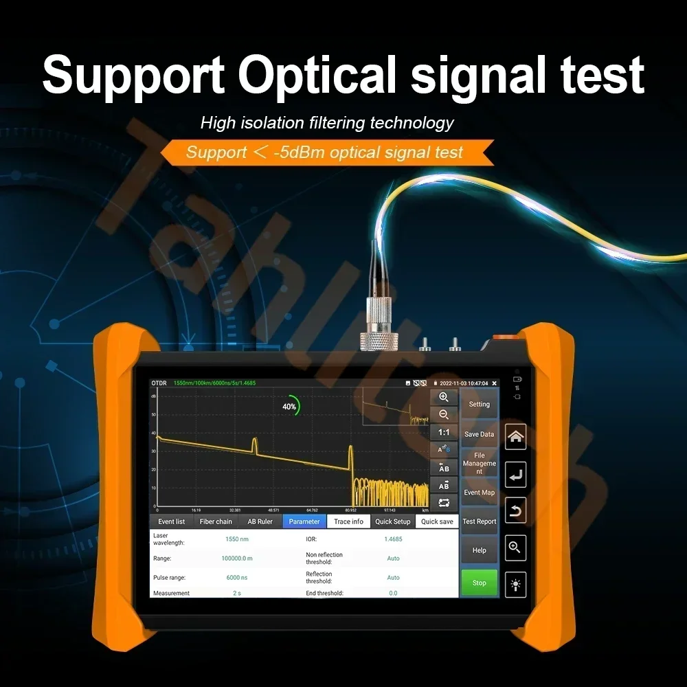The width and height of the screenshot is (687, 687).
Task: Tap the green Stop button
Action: (479, 583)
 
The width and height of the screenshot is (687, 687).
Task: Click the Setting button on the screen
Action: (479, 404)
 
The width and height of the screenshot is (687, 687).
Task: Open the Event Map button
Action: (479, 493)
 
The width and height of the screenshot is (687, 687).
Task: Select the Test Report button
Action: (479, 521)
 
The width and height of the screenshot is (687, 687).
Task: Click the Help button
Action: (479, 550)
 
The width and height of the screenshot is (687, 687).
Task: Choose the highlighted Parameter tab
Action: (304, 521)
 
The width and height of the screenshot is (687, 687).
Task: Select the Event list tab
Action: (171, 521)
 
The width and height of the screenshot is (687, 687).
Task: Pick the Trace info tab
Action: (348, 521)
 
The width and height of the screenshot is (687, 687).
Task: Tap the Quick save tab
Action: (437, 521)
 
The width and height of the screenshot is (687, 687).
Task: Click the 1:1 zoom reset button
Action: (444, 432)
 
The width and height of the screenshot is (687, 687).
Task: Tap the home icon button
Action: (515, 436)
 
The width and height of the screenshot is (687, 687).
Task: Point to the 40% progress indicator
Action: (290, 407)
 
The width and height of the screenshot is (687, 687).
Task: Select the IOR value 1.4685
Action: (393, 539)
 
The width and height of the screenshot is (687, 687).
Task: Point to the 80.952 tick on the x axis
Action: (351, 510)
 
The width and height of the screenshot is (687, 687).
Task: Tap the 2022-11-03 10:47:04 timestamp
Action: (464, 383)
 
